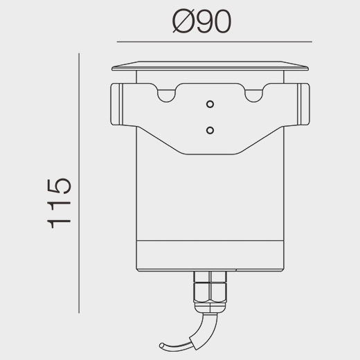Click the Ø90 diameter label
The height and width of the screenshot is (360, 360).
(201, 21)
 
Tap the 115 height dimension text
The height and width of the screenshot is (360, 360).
(59, 203)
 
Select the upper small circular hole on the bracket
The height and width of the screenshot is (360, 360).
(210, 105)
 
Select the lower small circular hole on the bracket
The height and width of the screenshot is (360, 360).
(210, 130)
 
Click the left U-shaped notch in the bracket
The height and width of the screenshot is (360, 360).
(166, 96)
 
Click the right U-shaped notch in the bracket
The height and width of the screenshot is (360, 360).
(253, 96)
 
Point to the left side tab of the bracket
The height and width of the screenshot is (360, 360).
(116, 105)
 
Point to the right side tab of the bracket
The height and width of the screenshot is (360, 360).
(303, 105)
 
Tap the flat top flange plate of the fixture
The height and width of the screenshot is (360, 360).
(210, 66)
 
